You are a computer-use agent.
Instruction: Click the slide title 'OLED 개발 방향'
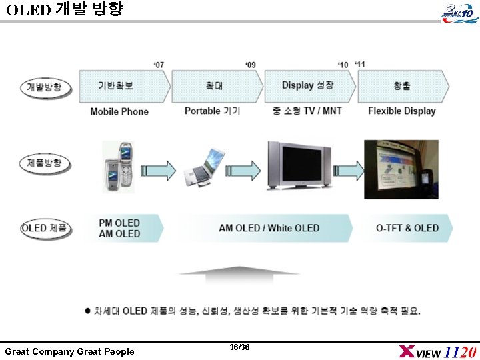(x=65, y=10)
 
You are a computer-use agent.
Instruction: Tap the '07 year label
(x=159, y=65)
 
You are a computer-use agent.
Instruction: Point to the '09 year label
(x=251, y=65)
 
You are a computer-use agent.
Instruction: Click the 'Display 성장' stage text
(x=307, y=85)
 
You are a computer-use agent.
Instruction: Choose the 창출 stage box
(x=402, y=85)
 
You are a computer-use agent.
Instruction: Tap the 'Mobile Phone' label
(x=119, y=111)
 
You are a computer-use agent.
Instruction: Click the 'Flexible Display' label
(x=401, y=111)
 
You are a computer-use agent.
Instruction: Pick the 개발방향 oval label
(x=45, y=87)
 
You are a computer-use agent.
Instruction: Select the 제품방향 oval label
(x=45, y=163)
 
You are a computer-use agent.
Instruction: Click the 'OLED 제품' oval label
(x=45, y=228)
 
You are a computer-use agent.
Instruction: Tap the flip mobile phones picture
(x=118, y=167)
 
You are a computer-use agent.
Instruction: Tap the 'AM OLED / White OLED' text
(x=269, y=229)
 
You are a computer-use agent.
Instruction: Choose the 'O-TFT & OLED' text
(x=407, y=228)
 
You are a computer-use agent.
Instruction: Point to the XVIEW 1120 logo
(x=437, y=351)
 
